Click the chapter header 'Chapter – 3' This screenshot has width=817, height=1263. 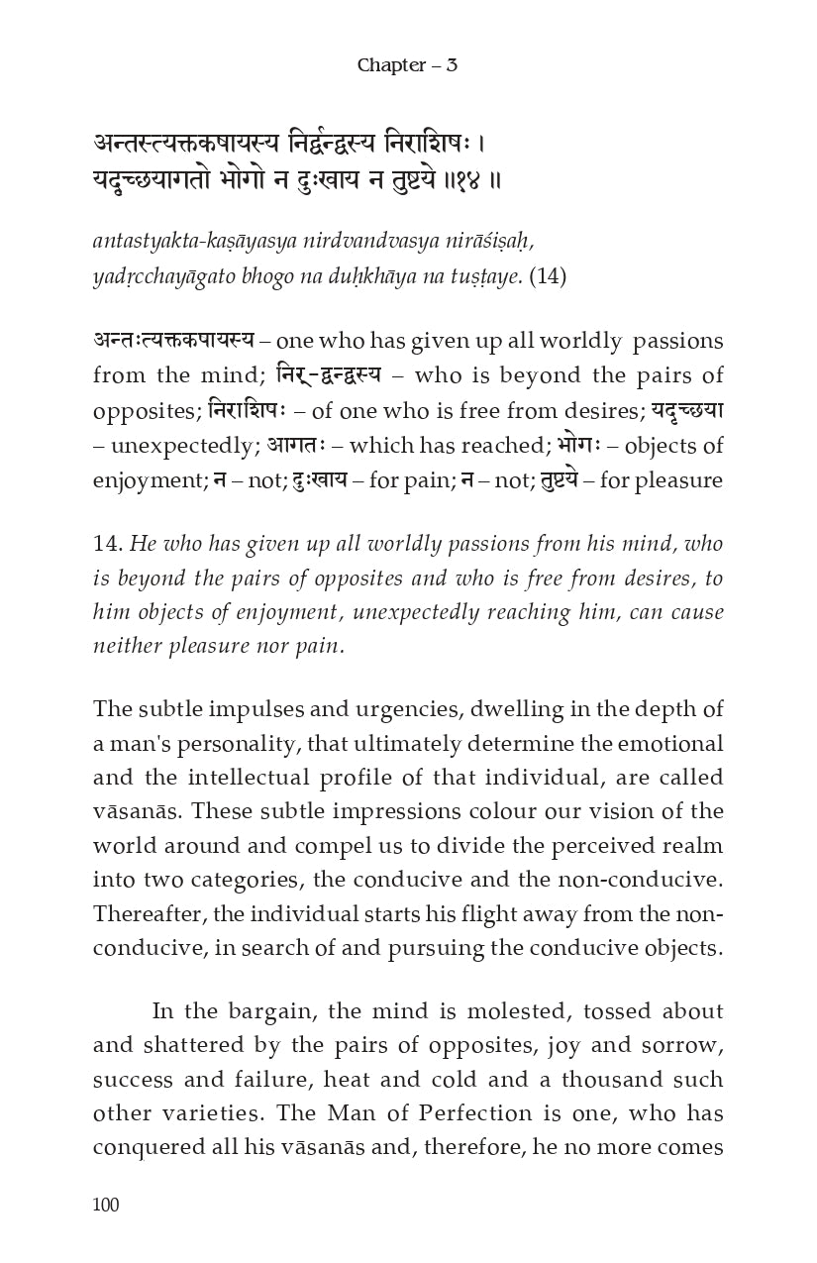[x=407, y=65]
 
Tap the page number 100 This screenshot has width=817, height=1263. [x=105, y=1204]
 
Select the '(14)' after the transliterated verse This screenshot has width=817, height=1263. [x=548, y=276]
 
